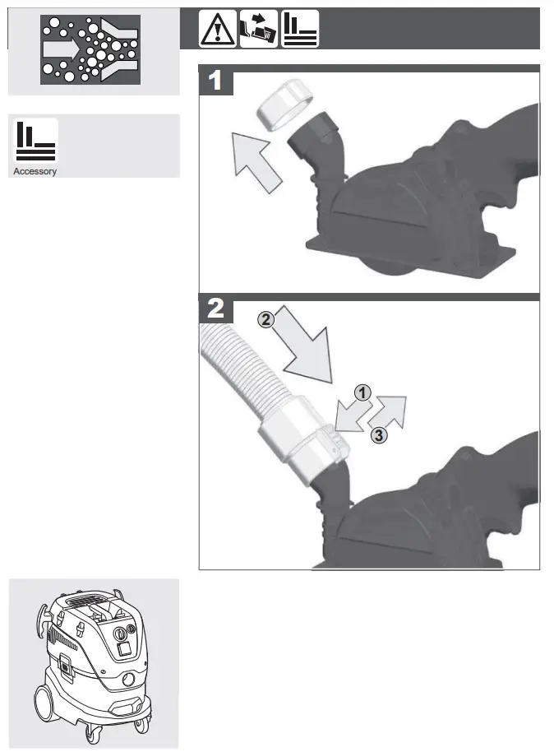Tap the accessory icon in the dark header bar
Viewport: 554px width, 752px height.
tap(300, 29)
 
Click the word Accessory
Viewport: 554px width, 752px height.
tap(35, 172)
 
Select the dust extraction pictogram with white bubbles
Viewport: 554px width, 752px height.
tap(90, 49)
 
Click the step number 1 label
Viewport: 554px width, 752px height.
tap(215, 81)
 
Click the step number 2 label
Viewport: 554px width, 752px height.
tap(215, 309)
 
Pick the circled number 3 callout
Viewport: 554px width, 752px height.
tap(377, 435)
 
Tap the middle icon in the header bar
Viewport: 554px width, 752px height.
tap(258, 29)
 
